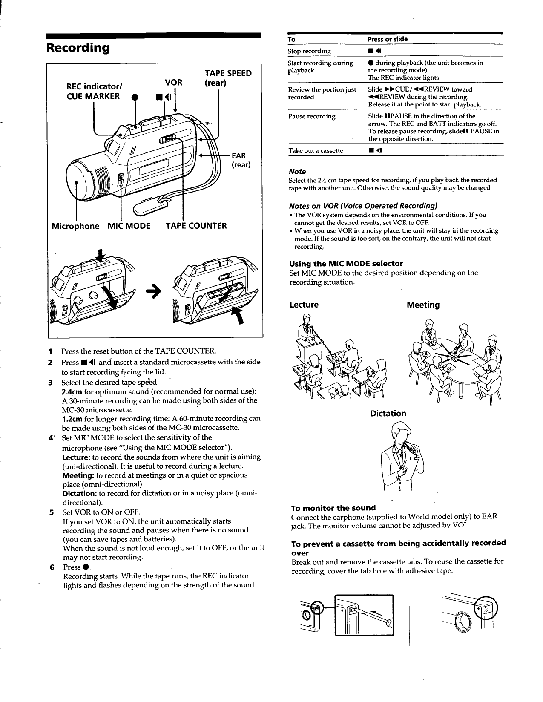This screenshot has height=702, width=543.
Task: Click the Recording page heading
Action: tap(78, 47)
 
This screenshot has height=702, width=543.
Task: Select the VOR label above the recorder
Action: tap(173, 83)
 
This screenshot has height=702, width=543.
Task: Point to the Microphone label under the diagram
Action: tap(75, 226)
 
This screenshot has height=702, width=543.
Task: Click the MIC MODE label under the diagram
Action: tap(129, 226)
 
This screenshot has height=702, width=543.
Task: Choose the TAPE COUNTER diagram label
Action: tap(196, 226)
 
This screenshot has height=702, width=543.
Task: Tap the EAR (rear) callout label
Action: tap(240, 160)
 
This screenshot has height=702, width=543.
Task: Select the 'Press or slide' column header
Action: tap(388, 39)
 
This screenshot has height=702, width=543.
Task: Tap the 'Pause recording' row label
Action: tap(311, 116)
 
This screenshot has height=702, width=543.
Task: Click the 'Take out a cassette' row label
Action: tap(316, 150)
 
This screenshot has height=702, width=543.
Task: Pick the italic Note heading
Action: tap(297, 171)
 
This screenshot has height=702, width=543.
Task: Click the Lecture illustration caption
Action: tap(304, 305)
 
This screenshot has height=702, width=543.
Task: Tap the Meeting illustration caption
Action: tap(423, 305)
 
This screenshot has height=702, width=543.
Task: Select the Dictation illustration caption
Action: tap(388, 413)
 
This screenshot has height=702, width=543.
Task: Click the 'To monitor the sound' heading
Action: tap(333, 508)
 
